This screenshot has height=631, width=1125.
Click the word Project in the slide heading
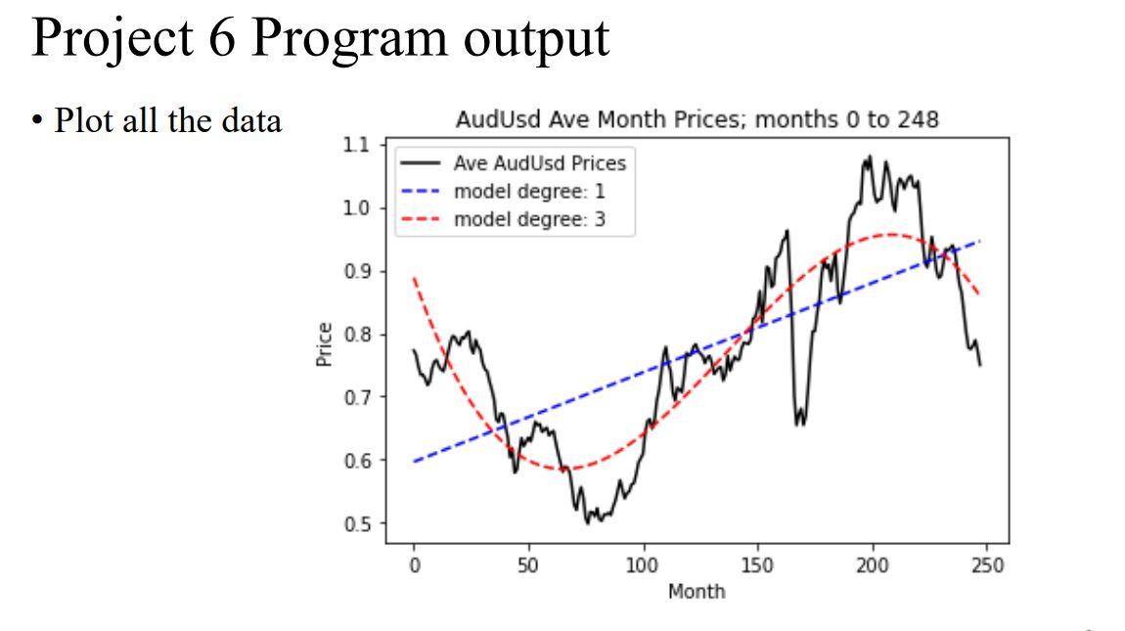coord(116,40)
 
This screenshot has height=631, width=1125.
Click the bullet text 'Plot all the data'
coord(167,120)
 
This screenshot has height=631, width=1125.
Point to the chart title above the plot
coord(697,120)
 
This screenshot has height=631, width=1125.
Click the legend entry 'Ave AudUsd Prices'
coord(539,162)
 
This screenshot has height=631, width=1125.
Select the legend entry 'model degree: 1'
coord(529,191)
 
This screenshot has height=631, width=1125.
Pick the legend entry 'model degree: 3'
coord(529,219)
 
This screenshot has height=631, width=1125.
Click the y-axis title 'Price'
coord(325,344)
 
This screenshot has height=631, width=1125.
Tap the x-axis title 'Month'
coord(697,591)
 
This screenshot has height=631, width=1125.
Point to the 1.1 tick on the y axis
coord(358,145)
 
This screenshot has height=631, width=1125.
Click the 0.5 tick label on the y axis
coord(358,523)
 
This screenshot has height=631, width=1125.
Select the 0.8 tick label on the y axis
coord(358,335)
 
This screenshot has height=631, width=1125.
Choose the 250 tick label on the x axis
coord(987,566)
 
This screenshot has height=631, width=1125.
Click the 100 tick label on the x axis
coord(643,566)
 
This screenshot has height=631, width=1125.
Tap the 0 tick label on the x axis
coord(414,566)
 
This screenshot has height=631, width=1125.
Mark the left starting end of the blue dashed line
coord(415,461)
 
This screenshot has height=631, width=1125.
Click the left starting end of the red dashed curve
coord(415,279)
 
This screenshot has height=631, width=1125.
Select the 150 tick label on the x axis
coord(757,566)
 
